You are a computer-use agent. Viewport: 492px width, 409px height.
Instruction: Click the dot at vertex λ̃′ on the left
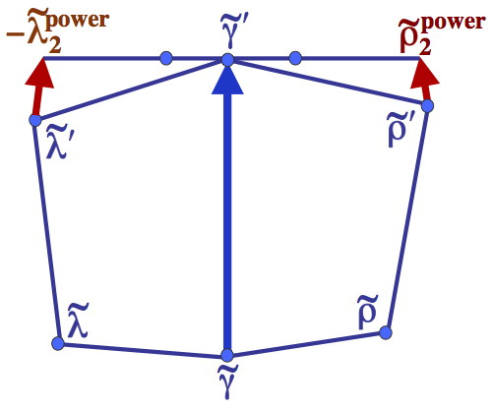tap(34, 120)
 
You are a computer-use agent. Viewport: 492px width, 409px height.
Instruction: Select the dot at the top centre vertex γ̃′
tap(227, 60)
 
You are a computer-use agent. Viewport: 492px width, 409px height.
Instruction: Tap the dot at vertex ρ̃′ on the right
tap(428, 104)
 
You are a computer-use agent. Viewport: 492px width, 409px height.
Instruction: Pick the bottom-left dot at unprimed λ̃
tap(57, 343)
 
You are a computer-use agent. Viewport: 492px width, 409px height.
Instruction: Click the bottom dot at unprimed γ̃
tap(227, 355)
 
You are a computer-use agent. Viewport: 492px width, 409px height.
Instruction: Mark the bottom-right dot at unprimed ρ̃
tap(386, 332)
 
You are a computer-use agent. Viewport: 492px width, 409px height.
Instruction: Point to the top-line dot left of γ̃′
tap(165, 58)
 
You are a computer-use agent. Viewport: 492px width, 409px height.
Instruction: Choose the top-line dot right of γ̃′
tap(294, 58)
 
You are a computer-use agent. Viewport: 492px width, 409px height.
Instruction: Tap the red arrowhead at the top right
tap(423, 72)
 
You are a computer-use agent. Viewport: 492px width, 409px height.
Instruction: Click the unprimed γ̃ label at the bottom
tap(227, 384)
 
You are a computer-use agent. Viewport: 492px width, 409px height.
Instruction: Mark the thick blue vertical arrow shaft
tap(227, 226)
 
